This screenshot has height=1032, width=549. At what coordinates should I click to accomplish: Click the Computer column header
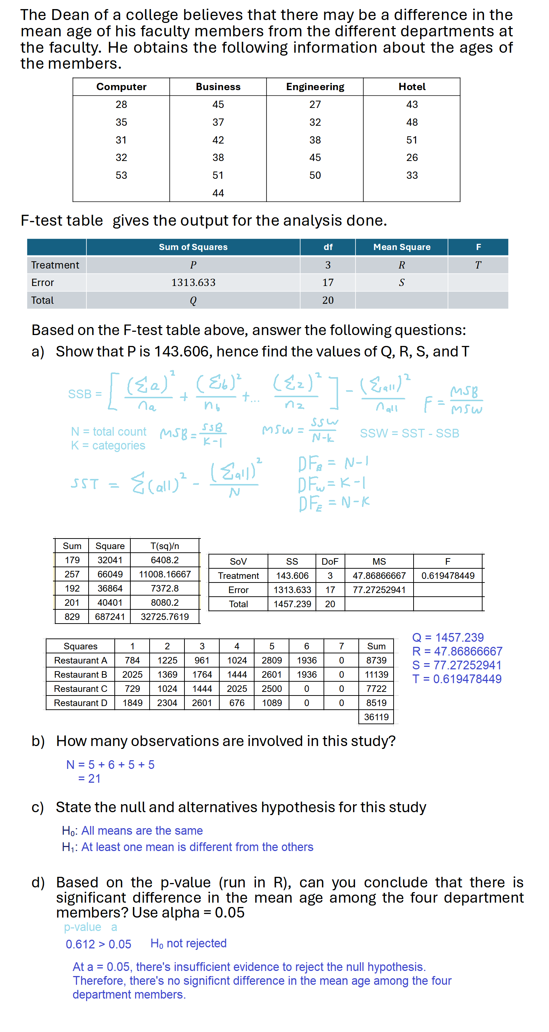tap(121, 87)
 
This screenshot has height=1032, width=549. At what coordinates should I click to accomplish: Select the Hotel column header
tap(412, 87)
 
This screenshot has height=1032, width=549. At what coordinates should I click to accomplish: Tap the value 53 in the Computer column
tap(121, 175)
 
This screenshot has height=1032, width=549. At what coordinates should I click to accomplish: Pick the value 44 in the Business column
tap(218, 193)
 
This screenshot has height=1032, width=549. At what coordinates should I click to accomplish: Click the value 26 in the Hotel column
tap(412, 157)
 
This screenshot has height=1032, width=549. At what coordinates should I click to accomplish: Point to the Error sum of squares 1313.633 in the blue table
tap(193, 282)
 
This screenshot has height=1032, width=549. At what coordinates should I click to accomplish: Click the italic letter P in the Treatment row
tap(193, 265)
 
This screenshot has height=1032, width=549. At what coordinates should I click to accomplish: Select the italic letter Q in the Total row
tap(193, 301)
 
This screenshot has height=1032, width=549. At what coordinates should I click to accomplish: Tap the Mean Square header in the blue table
tap(402, 247)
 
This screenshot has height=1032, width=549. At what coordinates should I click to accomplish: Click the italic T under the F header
tap(478, 265)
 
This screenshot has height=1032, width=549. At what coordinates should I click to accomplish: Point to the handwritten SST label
tap(85, 484)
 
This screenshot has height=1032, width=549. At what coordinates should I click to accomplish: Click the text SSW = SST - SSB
tap(409, 433)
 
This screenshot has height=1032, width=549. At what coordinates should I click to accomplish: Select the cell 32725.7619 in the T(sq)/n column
tap(164, 617)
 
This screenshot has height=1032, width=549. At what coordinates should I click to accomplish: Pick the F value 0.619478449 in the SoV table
tap(447, 576)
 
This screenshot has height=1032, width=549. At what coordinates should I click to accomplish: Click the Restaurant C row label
tap(81, 689)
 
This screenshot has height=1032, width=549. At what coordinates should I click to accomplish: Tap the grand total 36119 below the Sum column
tap(376, 717)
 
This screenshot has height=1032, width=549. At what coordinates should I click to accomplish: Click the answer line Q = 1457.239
tap(448, 637)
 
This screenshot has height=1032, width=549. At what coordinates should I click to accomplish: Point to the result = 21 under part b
tap(89, 778)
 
